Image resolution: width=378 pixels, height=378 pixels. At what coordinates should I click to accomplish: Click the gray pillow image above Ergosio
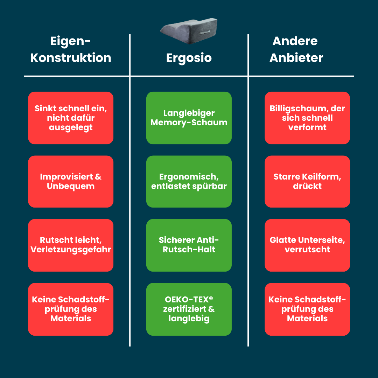point(189,31)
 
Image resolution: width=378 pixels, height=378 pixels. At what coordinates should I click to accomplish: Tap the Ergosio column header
point(189,58)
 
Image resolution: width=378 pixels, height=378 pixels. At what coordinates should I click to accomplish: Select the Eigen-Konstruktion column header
point(71,49)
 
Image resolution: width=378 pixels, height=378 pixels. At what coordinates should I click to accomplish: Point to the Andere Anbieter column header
point(296,49)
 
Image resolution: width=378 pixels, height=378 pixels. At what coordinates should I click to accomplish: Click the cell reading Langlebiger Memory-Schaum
point(189,118)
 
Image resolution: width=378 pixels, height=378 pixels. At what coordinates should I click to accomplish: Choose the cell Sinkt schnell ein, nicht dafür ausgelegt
point(71,118)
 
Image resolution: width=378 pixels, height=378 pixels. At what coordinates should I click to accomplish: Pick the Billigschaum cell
point(307,118)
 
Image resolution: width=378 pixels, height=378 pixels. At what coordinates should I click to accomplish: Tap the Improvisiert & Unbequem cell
point(71,182)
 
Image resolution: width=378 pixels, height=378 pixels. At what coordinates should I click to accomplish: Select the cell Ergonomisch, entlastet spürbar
point(189,182)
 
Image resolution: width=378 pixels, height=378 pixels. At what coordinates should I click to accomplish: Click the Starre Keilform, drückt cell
point(307,182)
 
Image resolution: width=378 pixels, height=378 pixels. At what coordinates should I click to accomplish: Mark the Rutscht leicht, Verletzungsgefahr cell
point(71,245)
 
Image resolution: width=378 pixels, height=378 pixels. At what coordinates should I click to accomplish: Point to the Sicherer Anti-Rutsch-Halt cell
point(189,245)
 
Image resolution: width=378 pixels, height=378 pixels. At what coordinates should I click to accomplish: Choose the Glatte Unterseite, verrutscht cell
point(307,245)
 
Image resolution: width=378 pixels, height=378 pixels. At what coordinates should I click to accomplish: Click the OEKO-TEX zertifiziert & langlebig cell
point(189,309)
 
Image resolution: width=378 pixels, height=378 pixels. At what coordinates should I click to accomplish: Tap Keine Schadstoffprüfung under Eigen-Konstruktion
point(71,309)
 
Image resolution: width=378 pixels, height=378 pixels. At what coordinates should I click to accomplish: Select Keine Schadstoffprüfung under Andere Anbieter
point(307,309)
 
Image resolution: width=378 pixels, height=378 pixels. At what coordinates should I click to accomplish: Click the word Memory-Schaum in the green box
point(189,123)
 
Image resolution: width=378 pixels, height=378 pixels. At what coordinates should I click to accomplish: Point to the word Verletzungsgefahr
point(71,250)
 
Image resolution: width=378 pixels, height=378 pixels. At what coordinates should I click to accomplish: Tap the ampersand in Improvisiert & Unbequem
point(98,177)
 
